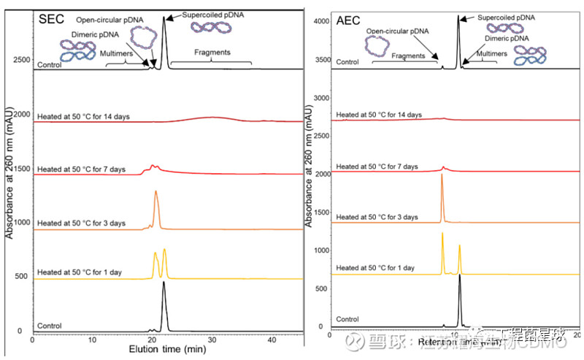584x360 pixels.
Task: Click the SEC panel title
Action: [53, 18]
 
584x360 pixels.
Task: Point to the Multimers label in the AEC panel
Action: [482, 54]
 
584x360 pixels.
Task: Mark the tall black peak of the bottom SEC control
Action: [164, 286]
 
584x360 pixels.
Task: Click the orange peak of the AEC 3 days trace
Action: [442, 179]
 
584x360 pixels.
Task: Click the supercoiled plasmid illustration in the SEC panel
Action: [211, 28]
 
